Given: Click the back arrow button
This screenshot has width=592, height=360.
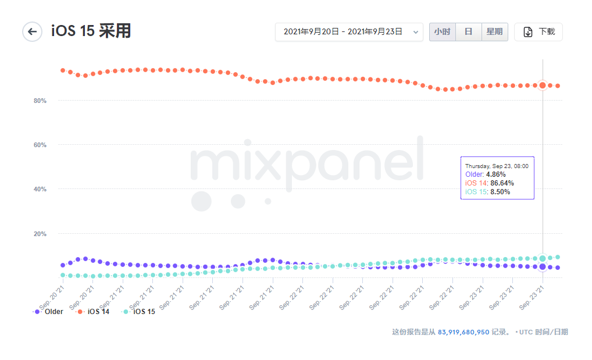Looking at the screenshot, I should [x=32, y=31].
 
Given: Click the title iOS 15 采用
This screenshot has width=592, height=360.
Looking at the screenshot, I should [x=91, y=31].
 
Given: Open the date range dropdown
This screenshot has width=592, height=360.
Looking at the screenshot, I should [x=349, y=32].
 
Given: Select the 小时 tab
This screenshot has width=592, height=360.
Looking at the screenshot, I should [x=442, y=32].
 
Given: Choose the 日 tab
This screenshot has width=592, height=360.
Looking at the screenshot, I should [x=468, y=32].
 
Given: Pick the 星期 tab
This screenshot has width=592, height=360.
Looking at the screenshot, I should [x=494, y=32].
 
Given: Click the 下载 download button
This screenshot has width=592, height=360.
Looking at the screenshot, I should [x=538, y=32].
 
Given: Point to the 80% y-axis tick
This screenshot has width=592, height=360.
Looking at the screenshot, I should [x=40, y=101].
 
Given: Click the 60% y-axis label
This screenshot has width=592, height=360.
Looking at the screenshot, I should [x=40, y=145].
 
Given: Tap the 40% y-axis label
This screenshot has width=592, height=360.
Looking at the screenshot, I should [x=40, y=190].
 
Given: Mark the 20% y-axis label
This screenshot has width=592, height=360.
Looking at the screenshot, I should [x=40, y=234].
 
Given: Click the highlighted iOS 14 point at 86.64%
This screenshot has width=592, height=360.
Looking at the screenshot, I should [x=543, y=85].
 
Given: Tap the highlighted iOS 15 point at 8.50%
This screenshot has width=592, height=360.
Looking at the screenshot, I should [x=543, y=259].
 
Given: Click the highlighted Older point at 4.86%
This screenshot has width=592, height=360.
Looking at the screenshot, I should [x=543, y=267].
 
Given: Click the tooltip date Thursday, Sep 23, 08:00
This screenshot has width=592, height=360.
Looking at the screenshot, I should [x=497, y=166].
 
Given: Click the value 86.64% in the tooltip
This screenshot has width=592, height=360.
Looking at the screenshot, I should [x=502, y=183].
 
